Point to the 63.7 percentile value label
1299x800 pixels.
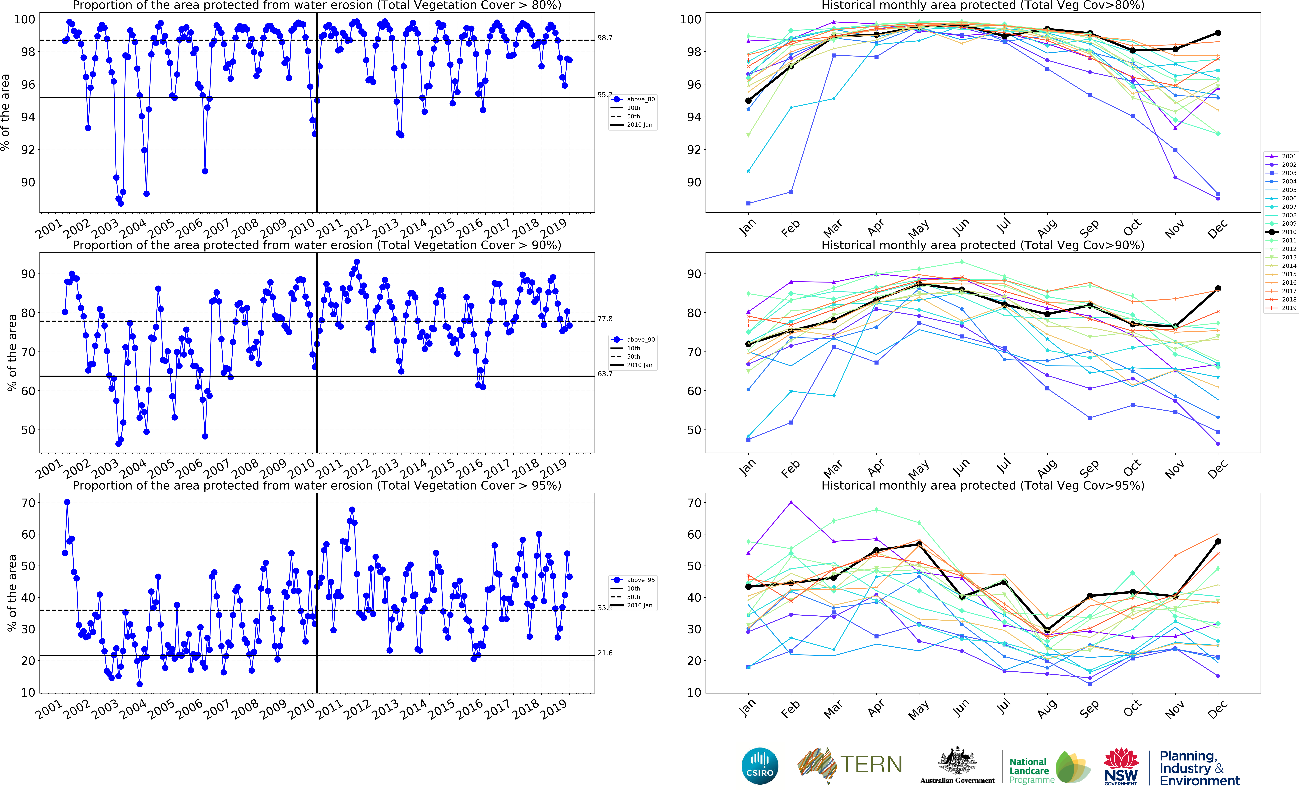(605, 374)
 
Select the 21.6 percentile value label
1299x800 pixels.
(605, 653)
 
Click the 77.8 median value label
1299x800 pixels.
(605, 319)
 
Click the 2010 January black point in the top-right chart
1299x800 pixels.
(748, 101)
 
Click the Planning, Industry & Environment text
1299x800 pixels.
(1199, 768)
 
